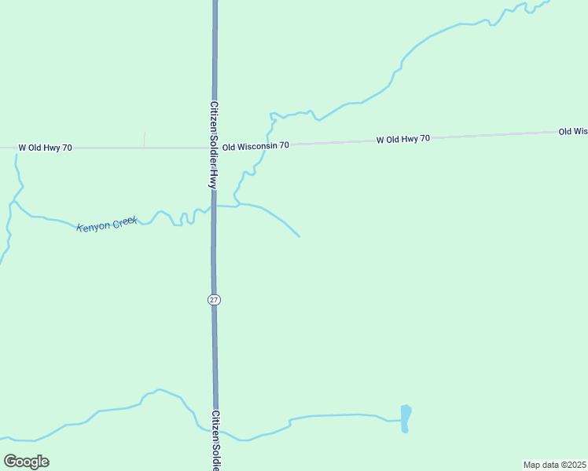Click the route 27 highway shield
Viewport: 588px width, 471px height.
(x=215, y=299)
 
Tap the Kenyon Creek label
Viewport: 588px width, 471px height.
(x=107, y=225)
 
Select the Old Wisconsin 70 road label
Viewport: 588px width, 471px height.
(x=255, y=146)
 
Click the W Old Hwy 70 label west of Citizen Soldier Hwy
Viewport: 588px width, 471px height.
(x=46, y=148)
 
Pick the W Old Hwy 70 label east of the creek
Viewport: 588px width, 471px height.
(x=402, y=139)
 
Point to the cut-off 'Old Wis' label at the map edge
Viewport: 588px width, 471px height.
(x=573, y=131)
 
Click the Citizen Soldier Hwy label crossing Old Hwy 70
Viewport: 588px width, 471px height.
(x=212, y=144)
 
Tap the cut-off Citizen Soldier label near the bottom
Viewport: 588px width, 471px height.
(x=215, y=440)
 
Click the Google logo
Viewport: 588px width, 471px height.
(x=26, y=462)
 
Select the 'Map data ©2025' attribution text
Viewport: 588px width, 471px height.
(x=554, y=464)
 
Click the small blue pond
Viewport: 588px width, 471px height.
(x=406, y=418)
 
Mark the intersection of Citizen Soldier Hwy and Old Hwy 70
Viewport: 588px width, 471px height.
(x=213, y=147)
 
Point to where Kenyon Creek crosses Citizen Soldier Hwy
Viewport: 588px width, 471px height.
(x=213, y=206)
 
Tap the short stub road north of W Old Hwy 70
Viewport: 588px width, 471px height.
(x=145, y=139)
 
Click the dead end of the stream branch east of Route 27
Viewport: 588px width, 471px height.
(x=299, y=235)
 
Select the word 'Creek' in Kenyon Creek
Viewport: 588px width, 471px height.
(x=124, y=222)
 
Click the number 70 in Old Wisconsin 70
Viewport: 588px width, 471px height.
(x=284, y=145)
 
